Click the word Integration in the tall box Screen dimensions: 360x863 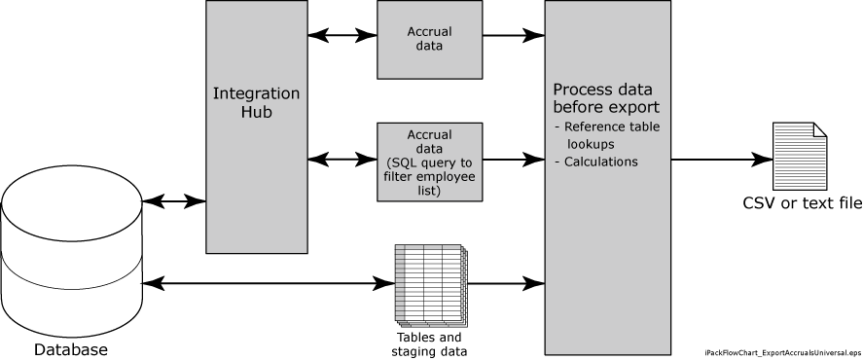[x=256, y=93]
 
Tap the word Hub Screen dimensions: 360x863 [x=256, y=112]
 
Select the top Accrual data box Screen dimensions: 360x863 [x=429, y=39]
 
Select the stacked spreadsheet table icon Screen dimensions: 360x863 [x=431, y=284]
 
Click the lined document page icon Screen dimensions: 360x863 [x=799, y=157]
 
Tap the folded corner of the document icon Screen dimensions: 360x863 [x=819, y=129]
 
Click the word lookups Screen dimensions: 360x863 [x=591, y=144]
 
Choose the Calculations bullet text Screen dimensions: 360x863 [x=601, y=162]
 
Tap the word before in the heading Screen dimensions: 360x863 [x=580, y=106]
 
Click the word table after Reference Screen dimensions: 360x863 [x=644, y=126]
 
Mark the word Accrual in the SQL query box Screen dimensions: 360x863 [x=429, y=134]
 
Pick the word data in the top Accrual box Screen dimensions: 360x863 [x=429, y=46]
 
